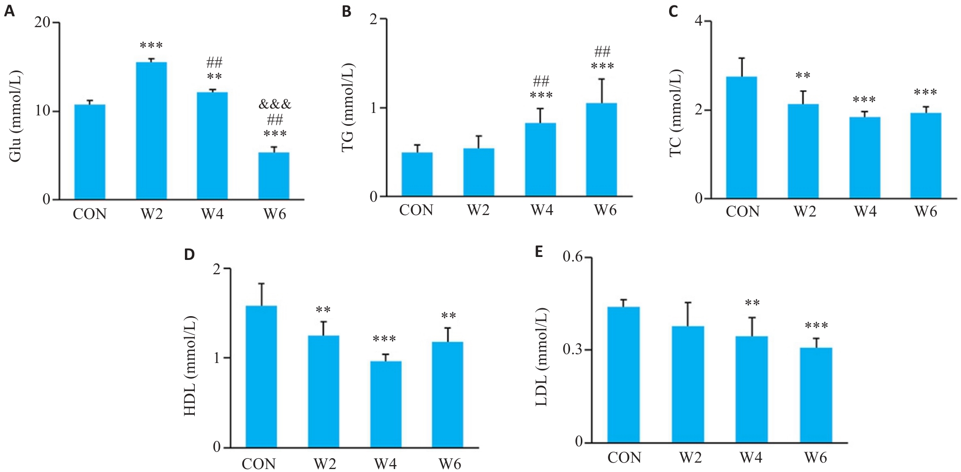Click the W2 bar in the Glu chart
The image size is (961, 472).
151,131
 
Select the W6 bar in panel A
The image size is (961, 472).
274,176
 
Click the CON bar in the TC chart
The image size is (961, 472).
742,138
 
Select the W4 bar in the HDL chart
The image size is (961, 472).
386,404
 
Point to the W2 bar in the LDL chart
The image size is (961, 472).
688,384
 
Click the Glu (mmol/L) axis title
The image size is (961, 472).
16,116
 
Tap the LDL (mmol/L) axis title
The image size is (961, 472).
541,357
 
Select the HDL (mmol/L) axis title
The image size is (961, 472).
190,365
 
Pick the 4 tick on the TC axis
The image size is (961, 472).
698,21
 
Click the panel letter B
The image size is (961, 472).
347,11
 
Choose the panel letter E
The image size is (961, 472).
539,252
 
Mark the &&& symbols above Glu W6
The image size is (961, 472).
275,105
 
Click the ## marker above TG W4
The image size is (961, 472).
541,81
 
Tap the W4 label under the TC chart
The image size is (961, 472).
865,212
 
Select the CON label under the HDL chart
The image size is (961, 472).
258,464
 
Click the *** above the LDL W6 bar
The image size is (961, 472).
816,326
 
